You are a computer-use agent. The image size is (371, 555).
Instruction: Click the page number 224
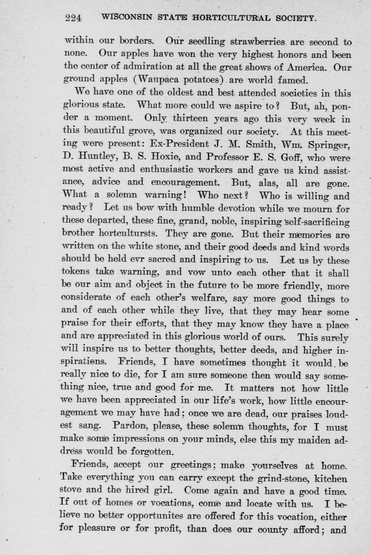[x=73, y=18]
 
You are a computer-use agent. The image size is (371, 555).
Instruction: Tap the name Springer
[x=330, y=143]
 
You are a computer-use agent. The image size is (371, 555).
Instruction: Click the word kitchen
[x=331, y=479]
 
